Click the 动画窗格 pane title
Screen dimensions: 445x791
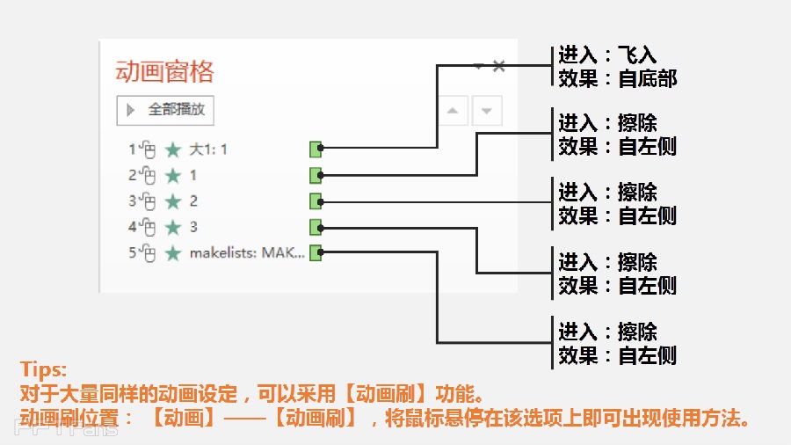(165, 71)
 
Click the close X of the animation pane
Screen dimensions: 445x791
(498, 66)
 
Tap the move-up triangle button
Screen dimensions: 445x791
(453, 111)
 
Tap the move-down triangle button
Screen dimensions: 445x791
(487, 111)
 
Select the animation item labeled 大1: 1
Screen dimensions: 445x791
(208, 150)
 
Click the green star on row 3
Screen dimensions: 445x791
(173, 201)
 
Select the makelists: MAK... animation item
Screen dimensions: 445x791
(247, 253)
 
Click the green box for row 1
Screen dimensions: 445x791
(316, 149)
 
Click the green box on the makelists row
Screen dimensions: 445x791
(316, 253)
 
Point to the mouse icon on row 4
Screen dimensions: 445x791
(149, 228)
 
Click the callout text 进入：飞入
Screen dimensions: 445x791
(607, 55)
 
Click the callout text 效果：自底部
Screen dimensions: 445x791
(618, 78)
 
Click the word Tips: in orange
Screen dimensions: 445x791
(43, 369)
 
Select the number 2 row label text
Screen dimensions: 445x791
(193, 201)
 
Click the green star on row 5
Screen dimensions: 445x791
(173, 253)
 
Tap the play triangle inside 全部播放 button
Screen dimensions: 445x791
(132, 110)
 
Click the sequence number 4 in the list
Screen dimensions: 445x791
(133, 227)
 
